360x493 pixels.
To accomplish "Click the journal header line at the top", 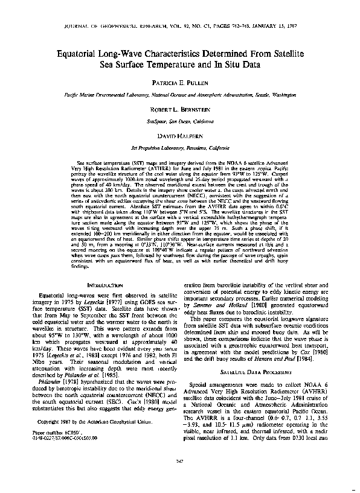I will coord(179,27).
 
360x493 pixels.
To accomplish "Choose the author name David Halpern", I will coord(179,136).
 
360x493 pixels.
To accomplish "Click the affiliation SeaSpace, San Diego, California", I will coord(179,121).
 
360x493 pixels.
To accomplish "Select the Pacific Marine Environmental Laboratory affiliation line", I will coord(179,95).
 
